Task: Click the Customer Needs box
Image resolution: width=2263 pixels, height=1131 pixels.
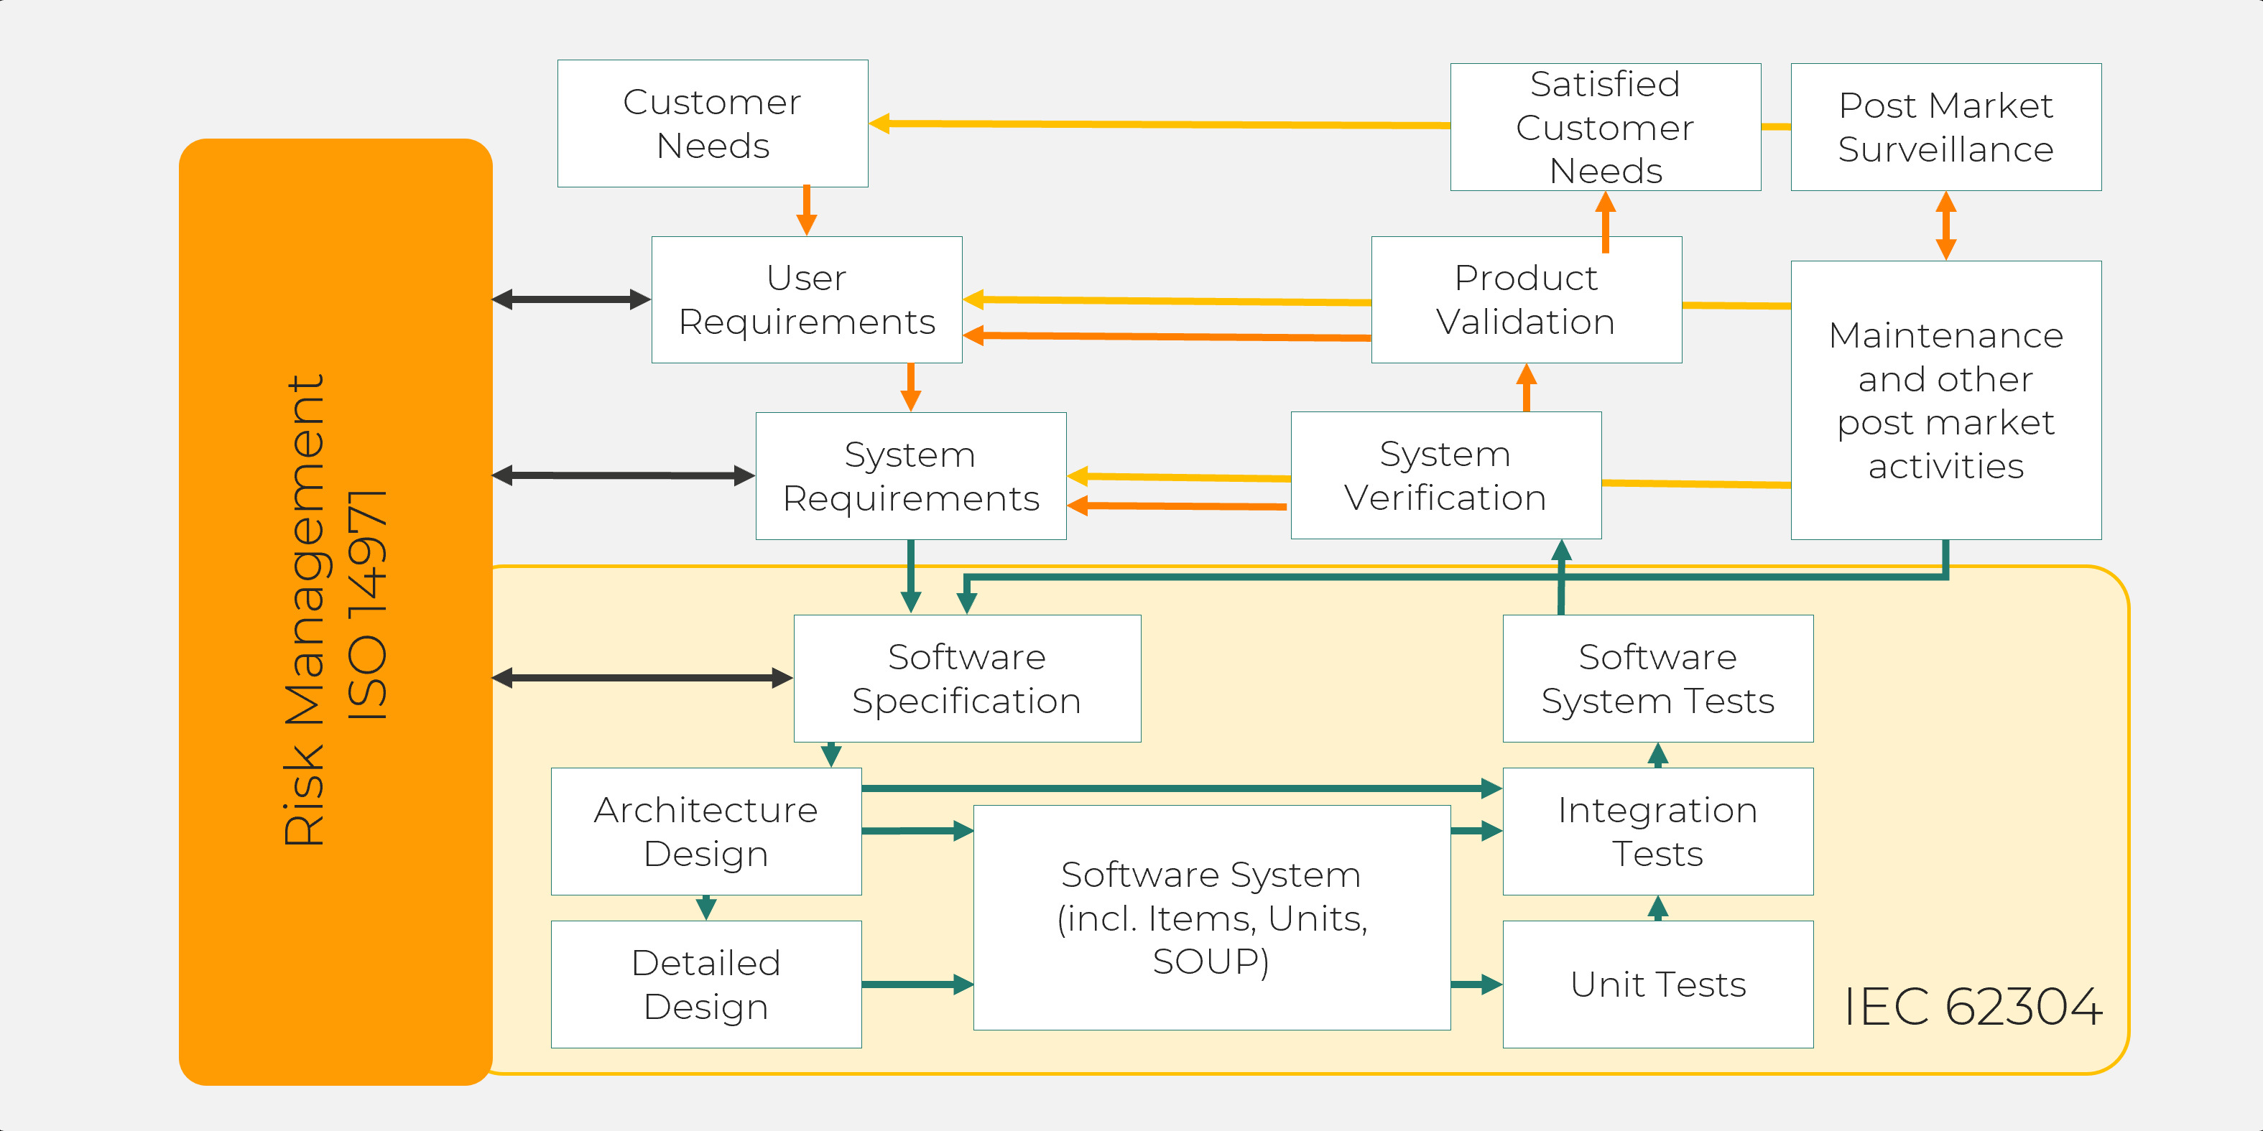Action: click(713, 124)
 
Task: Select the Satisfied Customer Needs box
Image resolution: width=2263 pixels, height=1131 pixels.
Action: click(1605, 127)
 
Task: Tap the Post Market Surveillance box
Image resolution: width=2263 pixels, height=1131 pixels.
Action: click(1946, 127)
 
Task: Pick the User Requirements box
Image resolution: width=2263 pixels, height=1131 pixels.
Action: click(807, 299)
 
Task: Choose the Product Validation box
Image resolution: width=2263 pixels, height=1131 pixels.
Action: click(1526, 299)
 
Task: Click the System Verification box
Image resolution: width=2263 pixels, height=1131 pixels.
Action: click(1445, 475)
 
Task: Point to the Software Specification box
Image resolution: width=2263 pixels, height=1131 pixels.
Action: click(966, 678)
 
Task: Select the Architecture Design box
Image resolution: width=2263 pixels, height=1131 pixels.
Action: click(705, 831)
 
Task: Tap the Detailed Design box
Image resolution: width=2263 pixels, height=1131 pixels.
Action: click(705, 984)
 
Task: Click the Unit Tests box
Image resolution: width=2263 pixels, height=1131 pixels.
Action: click(1657, 984)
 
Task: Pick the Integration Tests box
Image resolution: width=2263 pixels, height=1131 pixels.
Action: click(1657, 831)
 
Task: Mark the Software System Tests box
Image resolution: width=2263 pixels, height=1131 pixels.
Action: click(1657, 678)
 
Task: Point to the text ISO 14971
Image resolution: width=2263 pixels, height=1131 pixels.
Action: click(367, 606)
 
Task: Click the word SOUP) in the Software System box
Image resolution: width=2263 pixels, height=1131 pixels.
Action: click(1211, 962)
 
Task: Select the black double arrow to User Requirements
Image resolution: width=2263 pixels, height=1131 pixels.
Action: click(571, 299)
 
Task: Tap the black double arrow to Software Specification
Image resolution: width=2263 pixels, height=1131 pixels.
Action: click(642, 678)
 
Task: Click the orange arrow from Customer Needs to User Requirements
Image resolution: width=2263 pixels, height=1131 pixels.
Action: click(807, 210)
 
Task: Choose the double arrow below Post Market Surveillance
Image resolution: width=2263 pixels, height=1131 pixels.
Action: click(1946, 225)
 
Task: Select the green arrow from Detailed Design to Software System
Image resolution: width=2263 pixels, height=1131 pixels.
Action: click(916, 985)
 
